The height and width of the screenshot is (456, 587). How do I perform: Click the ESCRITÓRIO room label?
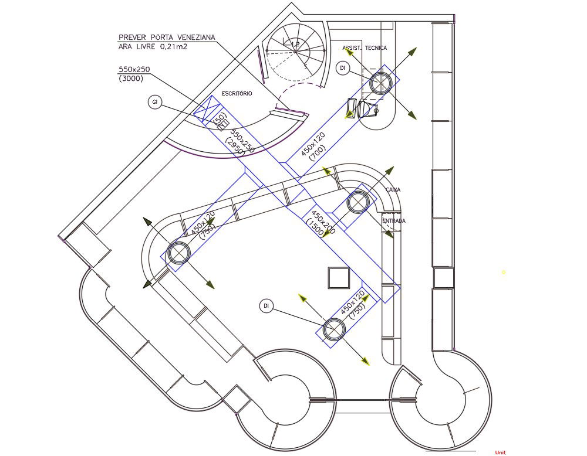237,94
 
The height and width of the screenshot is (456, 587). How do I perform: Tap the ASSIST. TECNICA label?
365,48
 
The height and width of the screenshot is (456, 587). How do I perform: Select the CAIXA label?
393,190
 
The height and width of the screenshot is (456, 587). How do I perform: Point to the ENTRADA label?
393,221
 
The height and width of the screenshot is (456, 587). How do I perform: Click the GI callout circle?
155,103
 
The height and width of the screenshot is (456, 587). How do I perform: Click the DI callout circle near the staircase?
343,69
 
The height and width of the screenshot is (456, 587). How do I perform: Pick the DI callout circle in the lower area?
266,305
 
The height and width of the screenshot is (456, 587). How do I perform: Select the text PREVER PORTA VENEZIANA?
166,38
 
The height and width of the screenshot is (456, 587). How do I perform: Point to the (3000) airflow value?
130,79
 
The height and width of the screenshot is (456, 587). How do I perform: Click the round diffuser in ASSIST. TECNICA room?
380,83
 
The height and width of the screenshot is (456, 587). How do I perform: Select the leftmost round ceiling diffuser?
178,253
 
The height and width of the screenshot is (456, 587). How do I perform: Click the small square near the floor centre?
339,277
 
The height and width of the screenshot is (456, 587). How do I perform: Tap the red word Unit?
500,452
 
